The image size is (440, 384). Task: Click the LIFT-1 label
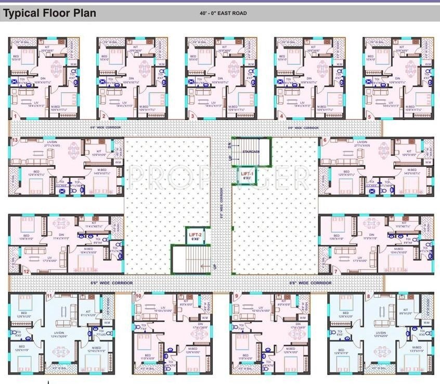coord(247,173)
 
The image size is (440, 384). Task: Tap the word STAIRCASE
coord(251,151)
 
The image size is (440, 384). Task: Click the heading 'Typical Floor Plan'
coord(50,13)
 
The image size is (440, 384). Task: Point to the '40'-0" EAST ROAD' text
coord(223,13)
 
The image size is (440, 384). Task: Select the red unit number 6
coord(325,140)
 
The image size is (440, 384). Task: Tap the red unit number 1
coord(16,116)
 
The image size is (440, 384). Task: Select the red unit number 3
coord(193,116)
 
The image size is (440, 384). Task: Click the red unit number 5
coord(369,116)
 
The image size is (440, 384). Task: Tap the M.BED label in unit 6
coord(412,170)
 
